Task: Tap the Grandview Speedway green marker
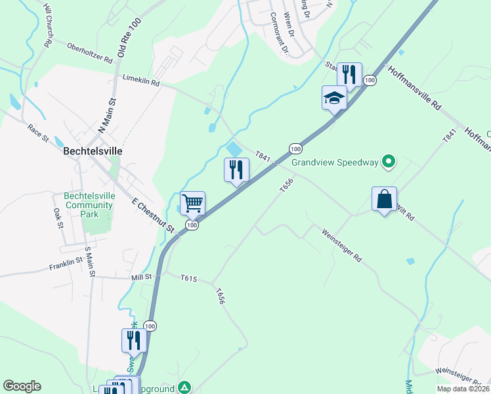click(x=389, y=161)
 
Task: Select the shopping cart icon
click(x=193, y=202)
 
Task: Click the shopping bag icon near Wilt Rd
click(x=384, y=198)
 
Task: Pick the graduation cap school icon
click(x=334, y=98)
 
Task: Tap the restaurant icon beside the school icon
click(x=349, y=74)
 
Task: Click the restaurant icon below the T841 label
click(x=236, y=170)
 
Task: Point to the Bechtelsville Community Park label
click(x=89, y=205)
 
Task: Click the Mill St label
click(x=141, y=276)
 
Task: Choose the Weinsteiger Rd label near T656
click(x=341, y=244)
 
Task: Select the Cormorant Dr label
click(x=279, y=33)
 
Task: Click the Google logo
click(x=22, y=386)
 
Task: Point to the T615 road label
click(x=189, y=279)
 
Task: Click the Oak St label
click(x=58, y=219)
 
